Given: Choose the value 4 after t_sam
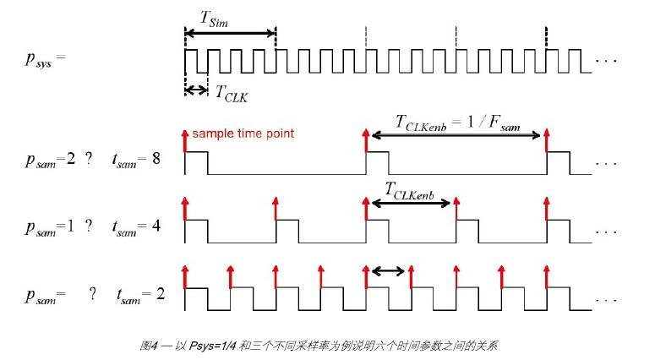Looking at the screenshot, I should click(156, 226).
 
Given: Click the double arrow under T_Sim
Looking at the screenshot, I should click(230, 34).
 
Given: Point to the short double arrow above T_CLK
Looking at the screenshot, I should click(195, 89).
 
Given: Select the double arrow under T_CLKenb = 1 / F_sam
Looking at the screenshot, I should click(456, 136).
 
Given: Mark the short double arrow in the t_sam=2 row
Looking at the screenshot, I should click(388, 271).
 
